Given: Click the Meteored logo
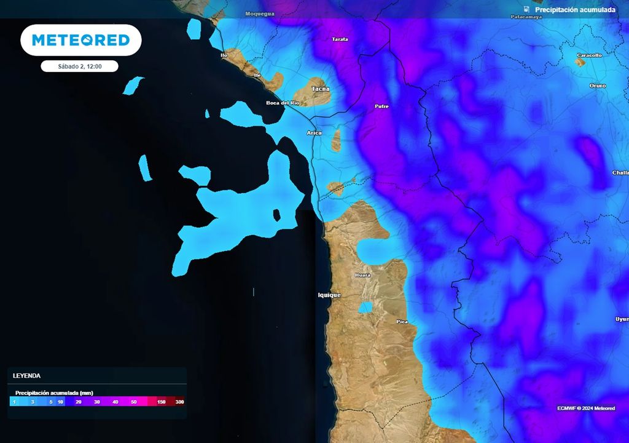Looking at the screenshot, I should point(81,41).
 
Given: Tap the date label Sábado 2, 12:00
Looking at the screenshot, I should point(79,66).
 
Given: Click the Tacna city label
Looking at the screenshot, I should point(321,89).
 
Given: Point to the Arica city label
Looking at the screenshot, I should point(314,133).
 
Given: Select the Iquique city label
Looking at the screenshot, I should point(329,295).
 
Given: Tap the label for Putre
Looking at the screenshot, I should point(381,106).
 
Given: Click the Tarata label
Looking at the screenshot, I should point(340,39).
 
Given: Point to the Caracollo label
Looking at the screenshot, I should point(589,55).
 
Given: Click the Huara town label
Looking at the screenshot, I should point(363,275).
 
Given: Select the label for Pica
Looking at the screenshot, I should point(402,322).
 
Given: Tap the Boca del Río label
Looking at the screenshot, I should point(283,103).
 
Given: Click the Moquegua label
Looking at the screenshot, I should point(260,14).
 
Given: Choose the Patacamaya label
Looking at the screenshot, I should point(525,17).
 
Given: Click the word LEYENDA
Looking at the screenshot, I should point(26,375).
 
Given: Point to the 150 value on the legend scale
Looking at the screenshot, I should point(162,402).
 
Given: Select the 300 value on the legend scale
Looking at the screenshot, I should point(179,402).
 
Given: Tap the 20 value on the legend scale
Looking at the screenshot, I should point(79,402).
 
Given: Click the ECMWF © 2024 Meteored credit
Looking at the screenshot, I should point(586,409).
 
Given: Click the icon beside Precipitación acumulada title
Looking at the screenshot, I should point(526,9).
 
